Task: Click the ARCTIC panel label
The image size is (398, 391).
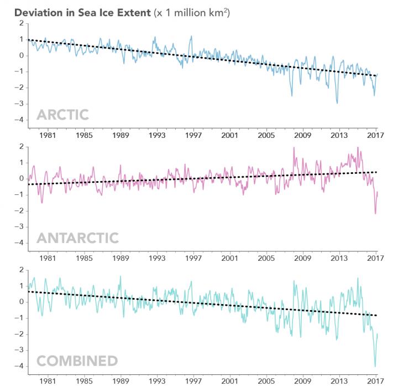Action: (62, 115)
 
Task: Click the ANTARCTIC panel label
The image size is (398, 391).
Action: (77, 238)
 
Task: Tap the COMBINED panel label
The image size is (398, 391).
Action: (77, 361)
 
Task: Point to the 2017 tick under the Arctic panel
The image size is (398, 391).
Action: (375, 135)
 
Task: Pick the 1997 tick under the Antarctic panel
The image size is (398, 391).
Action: (193, 259)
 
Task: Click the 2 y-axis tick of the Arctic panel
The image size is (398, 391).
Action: (20, 23)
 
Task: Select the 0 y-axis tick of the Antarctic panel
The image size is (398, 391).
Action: (20, 178)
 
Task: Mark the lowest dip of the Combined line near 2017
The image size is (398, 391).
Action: (375, 366)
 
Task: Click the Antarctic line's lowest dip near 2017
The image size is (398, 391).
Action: (375, 213)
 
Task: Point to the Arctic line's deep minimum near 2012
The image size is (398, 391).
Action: (337, 102)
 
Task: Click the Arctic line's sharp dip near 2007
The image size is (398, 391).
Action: (292, 95)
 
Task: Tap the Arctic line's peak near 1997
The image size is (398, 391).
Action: (191, 37)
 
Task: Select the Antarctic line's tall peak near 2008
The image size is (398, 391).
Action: (294, 147)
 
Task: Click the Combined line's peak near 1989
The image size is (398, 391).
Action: (121, 276)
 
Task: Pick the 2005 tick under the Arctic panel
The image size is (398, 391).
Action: (266, 135)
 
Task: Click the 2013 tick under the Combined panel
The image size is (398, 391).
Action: (339, 382)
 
